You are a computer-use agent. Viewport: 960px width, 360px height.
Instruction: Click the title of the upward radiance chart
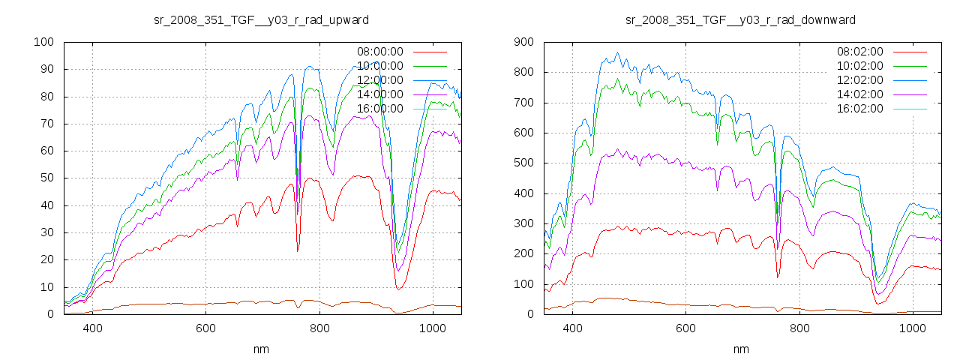point(261,19)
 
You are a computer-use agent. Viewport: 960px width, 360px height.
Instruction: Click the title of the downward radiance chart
point(741,19)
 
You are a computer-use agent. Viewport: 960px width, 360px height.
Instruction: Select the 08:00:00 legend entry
point(380,52)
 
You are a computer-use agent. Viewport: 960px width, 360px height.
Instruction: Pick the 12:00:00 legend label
point(380,80)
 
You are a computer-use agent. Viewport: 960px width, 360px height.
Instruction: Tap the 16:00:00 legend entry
point(380,109)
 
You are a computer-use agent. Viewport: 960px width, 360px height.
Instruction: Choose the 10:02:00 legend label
point(860,66)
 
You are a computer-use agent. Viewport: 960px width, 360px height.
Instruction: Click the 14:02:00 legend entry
point(860,94)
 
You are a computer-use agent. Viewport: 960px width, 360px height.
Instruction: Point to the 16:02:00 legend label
point(860,109)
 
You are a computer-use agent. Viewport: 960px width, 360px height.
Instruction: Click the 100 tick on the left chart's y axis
point(43,42)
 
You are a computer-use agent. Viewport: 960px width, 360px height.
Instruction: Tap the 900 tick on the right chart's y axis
point(523,42)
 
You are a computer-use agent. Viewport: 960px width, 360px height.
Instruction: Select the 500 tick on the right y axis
point(523,163)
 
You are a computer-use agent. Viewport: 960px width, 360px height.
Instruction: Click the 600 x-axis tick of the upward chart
point(206,328)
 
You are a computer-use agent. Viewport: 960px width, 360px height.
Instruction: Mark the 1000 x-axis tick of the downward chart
point(912,328)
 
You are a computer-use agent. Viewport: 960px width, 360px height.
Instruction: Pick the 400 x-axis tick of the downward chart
point(572,328)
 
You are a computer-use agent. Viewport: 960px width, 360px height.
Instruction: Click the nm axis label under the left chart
point(261,349)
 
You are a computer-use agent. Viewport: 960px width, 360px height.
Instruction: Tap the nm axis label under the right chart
point(741,349)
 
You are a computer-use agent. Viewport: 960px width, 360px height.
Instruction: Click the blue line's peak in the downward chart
point(617,52)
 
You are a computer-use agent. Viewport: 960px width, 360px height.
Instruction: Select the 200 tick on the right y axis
point(523,253)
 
